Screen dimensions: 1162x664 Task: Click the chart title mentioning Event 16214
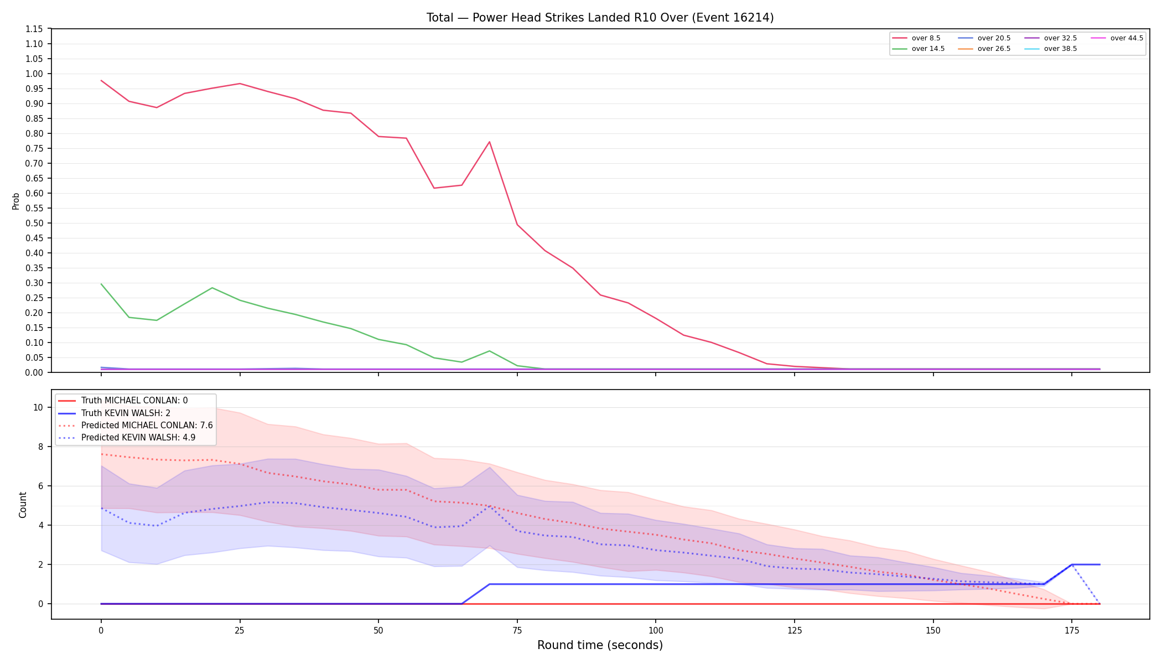click(x=600, y=18)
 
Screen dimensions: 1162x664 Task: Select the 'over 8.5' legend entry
click(x=916, y=38)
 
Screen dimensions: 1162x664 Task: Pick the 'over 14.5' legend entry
click(x=919, y=49)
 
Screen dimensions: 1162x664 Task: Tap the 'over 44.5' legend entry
click(x=1117, y=38)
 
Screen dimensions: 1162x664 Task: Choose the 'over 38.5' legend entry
click(x=1051, y=49)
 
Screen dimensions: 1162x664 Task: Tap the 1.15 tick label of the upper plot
click(x=34, y=29)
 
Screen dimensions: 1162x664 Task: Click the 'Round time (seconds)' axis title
click(x=600, y=645)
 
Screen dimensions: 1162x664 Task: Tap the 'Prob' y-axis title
click(x=16, y=201)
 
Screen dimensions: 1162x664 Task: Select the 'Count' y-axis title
click(x=23, y=505)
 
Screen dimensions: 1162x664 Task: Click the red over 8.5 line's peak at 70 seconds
click(x=489, y=142)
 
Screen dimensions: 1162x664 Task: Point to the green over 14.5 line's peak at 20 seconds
click(x=212, y=288)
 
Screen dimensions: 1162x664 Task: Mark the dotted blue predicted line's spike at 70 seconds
click(x=489, y=506)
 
